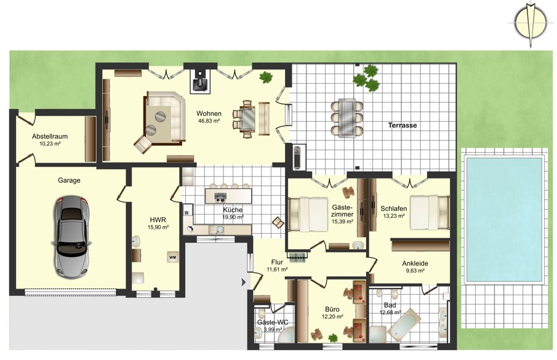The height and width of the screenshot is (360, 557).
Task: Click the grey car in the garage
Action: (x=71, y=237)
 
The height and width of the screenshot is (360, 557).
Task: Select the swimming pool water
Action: (x=505, y=220)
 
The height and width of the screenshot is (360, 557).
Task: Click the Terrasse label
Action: (x=403, y=126)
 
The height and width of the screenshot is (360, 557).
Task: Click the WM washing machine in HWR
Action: (x=173, y=257)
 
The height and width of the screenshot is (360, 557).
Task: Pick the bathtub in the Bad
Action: (x=404, y=324)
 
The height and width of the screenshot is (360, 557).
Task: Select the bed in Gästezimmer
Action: (x=308, y=214)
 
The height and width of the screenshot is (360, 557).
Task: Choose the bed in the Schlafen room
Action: (x=430, y=212)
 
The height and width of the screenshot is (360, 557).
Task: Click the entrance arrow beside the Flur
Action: (x=244, y=282)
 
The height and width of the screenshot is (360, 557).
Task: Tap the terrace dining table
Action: (x=347, y=118)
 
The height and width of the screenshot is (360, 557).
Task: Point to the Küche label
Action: (x=233, y=210)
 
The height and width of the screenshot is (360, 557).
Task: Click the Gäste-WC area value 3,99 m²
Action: (x=273, y=330)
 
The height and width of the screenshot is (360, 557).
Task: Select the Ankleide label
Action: (x=415, y=263)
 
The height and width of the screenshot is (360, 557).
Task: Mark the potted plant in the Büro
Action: (x=333, y=338)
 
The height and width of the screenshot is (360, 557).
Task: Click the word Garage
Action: (x=69, y=180)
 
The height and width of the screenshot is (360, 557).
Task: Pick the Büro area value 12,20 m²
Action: (x=332, y=317)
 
